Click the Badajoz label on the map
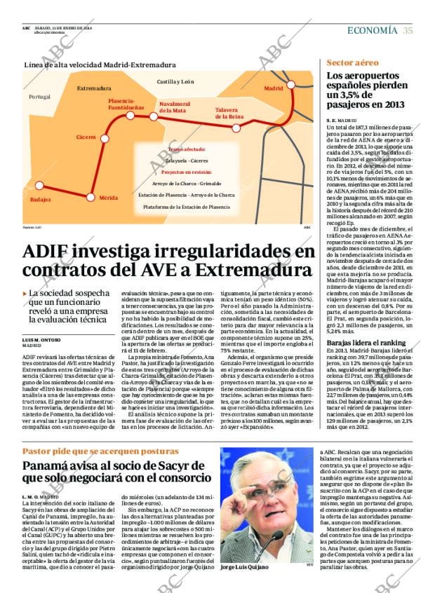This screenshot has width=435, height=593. point(41,200)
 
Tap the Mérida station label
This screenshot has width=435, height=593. point(108,198)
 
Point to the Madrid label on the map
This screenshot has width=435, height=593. point(273,89)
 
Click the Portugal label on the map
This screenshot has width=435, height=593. point(40,97)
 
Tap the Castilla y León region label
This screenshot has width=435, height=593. point(175,82)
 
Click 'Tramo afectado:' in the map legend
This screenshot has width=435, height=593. point(187,149)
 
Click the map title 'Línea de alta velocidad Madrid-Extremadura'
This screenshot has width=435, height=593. point(100,65)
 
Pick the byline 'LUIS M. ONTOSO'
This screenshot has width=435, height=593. point(41,320)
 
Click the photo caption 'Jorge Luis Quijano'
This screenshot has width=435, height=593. point(244,566)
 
